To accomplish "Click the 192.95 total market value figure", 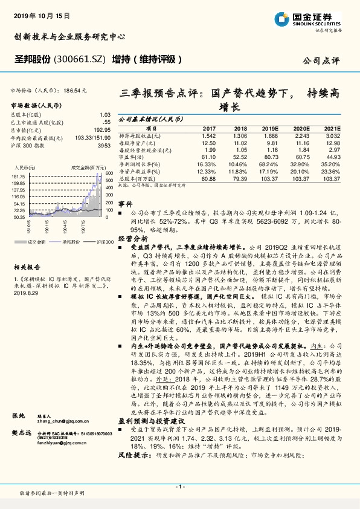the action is pos(101,130).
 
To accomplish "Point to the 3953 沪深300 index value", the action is pos(104,146).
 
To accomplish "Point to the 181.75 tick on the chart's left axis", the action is pos(19,175).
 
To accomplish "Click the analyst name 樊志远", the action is pos(21,450).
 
